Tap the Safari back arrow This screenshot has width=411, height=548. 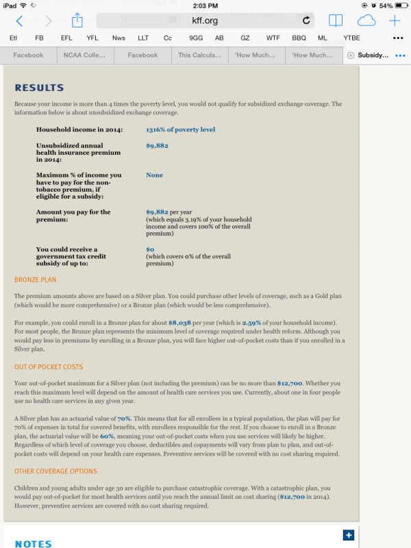coord(19,21)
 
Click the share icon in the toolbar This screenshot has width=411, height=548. coord(77,21)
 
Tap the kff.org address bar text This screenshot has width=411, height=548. coord(205,21)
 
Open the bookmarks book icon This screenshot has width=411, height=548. coord(336,21)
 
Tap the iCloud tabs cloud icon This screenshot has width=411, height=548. coord(366,21)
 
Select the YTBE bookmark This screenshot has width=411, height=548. coord(351,38)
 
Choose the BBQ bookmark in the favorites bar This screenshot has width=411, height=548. coord(299,38)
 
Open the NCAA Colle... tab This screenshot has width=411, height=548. coord(85,55)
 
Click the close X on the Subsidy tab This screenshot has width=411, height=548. coord(351,55)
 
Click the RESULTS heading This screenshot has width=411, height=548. coord(39,88)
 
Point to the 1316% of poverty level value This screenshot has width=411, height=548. coord(180,129)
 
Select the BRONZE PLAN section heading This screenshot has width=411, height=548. coord(35,279)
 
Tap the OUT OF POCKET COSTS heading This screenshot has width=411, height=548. coord(49,367)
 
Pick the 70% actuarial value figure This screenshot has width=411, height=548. coord(124,418)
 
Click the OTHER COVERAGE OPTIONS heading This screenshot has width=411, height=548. coord(55,471)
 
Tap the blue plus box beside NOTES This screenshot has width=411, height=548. coord(348,535)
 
